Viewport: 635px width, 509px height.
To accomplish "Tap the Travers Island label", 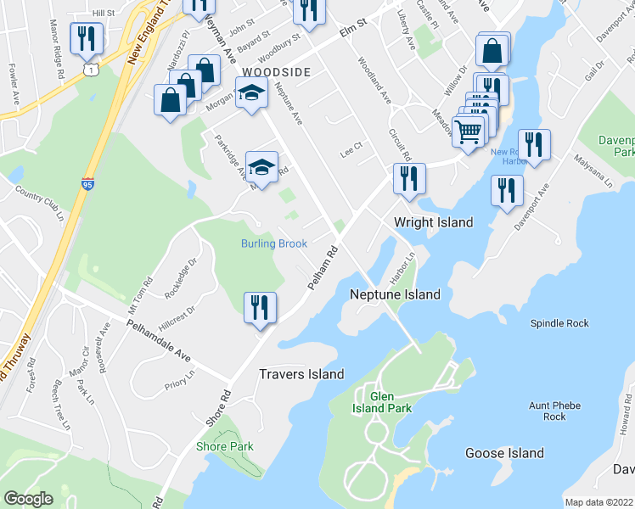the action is (301, 374).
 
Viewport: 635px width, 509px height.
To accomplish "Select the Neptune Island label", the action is (396, 294).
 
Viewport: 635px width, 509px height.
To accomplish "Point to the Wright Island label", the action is (433, 222).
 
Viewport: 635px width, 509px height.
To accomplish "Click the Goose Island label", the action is (504, 453).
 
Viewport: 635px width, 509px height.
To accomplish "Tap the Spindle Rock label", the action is (559, 323).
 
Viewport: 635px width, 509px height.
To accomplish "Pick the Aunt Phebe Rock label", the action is (554, 411).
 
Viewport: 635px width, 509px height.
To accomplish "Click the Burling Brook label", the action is (273, 243).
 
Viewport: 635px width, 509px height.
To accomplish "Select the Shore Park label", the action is (225, 446).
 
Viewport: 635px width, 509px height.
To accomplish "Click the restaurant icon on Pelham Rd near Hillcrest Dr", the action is (260, 308).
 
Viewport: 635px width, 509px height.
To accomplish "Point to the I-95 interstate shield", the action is (87, 184).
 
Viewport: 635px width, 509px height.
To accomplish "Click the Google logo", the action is (28, 499).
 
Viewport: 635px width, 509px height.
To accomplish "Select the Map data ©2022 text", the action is (598, 502).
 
